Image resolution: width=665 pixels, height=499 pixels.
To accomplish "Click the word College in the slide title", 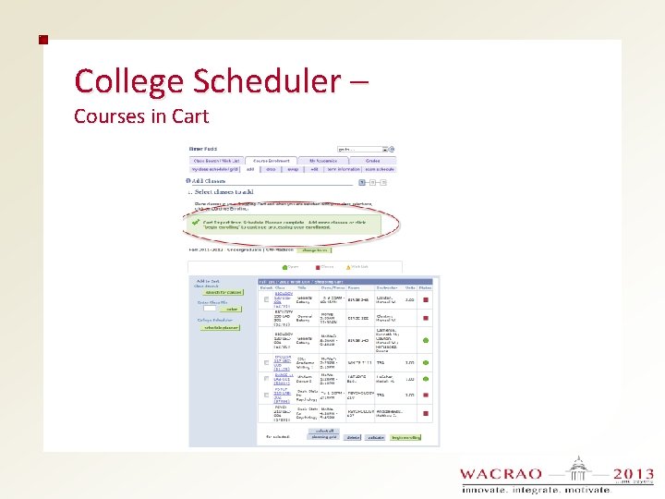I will coord(128,81).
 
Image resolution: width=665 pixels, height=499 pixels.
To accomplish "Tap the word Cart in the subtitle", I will coord(189,116).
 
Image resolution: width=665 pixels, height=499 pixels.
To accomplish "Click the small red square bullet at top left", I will coord(42,40).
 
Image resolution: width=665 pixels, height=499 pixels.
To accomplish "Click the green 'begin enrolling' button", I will coord(405,436).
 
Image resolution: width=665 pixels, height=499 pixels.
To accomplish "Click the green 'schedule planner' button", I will coord(220,328).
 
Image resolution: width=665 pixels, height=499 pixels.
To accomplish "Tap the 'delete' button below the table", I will coord(353,436).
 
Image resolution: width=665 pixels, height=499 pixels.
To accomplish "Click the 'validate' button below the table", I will coord(376,436).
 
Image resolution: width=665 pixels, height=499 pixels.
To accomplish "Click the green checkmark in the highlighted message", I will coord(196,223).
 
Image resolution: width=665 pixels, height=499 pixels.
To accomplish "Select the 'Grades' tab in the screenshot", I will coord(372,161).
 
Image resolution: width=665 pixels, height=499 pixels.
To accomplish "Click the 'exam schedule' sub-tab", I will coord(379,169).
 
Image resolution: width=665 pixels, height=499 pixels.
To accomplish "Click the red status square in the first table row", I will coord(426,299).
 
